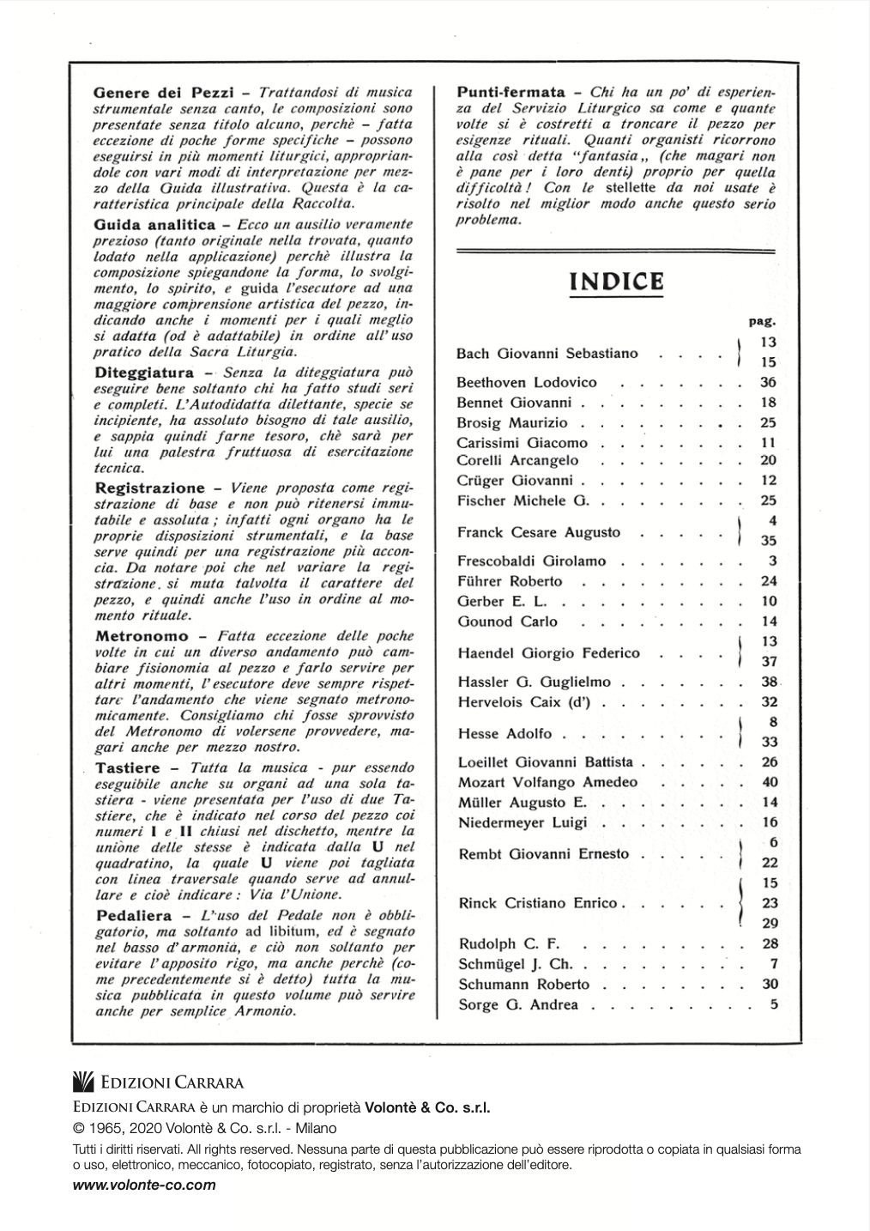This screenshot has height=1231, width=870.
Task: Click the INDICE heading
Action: click(615, 282)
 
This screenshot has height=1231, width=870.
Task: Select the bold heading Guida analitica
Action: click(154, 225)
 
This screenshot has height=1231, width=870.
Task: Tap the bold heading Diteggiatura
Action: click(144, 373)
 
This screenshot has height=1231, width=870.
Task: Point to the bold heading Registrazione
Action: click(150, 488)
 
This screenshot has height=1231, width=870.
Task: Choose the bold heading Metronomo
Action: click(142, 637)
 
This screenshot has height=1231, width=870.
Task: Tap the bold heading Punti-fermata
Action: click(511, 92)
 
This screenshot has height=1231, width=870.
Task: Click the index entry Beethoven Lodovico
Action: click(527, 383)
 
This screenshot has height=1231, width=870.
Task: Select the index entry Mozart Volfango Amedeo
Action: click(547, 783)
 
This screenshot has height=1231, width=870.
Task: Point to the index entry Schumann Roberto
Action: click(523, 985)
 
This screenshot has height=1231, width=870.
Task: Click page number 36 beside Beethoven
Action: click(768, 383)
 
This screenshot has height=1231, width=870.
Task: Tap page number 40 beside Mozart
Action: click(769, 783)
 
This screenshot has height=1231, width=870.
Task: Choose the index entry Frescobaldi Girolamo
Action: click(532, 561)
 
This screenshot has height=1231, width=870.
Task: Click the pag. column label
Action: click(762, 323)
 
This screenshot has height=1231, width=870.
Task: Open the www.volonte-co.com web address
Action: click(144, 1185)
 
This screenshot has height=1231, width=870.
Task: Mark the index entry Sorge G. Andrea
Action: click(518, 1005)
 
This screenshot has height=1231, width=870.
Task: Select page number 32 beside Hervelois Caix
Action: click(769, 702)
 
